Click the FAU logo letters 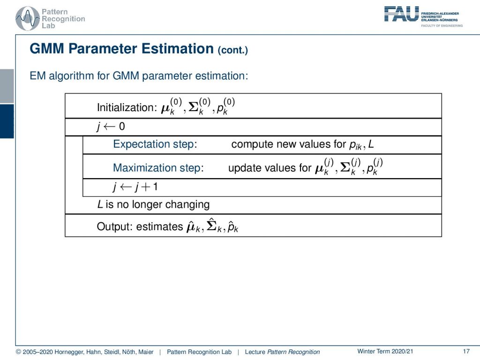click(x=401, y=14)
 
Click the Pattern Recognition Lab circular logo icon click(x=28, y=18)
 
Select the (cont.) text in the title click(x=232, y=50)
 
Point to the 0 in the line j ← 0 click(x=122, y=126)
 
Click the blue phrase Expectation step click(x=155, y=144)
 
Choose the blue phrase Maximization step click(x=158, y=168)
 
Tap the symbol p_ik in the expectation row click(x=355, y=145)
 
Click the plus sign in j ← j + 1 click(x=146, y=187)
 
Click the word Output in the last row click(x=115, y=226)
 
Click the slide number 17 click(x=466, y=352)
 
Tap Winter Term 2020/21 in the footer click(x=385, y=352)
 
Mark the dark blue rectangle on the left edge click(x=7, y=121)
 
